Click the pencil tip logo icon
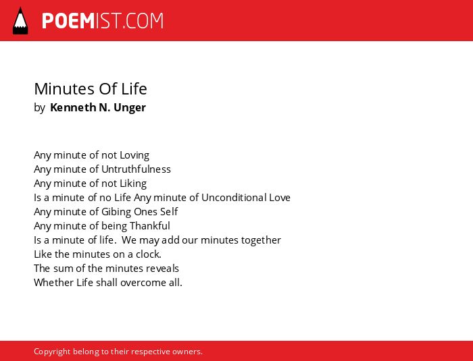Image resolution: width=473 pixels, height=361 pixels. pyautogui.click(x=20, y=21)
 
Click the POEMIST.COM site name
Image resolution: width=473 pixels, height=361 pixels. pyautogui.click(x=103, y=21)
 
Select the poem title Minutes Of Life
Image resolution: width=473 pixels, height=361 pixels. pyautogui.click(x=91, y=88)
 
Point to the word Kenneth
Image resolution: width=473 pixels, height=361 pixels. pyautogui.click(x=73, y=107)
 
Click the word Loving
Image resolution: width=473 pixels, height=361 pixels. pyautogui.click(x=134, y=155)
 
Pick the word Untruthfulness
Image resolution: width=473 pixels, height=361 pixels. pyautogui.click(x=136, y=169)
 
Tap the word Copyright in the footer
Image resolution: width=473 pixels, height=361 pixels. pyautogui.click(x=52, y=352)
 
